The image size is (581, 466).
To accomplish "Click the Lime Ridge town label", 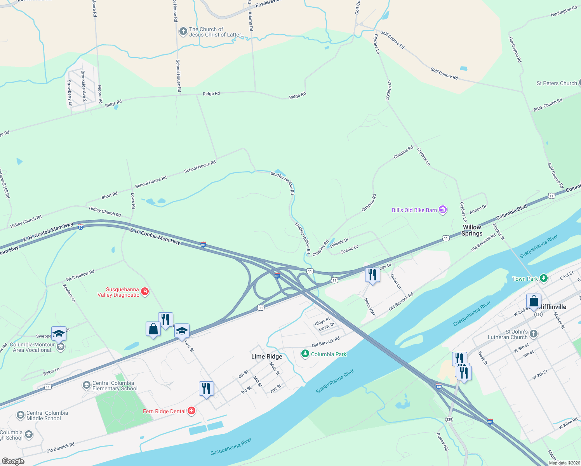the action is pyautogui.click(x=266, y=356).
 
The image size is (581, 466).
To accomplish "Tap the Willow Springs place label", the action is pyautogui.click(x=472, y=230).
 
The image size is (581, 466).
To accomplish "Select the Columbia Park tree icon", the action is pyautogui.click(x=305, y=354).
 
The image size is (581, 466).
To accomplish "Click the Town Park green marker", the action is pyautogui.click(x=544, y=278).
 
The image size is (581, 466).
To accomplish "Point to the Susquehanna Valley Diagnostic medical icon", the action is pyautogui.click(x=145, y=291).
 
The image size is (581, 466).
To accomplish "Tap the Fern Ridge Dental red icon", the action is pyautogui.click(x=191, y=411).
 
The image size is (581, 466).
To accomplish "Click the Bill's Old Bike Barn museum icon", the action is pyautogui.click(x=442, y=210).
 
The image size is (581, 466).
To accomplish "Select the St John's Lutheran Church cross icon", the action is pyautogui.click(x=534, y=334).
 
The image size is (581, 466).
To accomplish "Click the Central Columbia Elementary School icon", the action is pyautogui.click(x=87, y=385).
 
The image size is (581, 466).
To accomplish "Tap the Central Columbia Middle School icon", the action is pyautogui.click(x=21, y=416).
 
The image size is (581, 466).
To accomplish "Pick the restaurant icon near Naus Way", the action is pyautogui.click(x=372, y=275).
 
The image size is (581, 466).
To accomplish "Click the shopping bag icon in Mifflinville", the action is pyautogui.click(x=534, y=301).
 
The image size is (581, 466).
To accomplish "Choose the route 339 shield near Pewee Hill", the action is pyautogui.click(x=449, y=419).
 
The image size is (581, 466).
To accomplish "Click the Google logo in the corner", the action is pyautogui.click(x=13, y=461).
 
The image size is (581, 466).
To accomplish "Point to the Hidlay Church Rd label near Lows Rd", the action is pyautogui.click(x=105, y=212).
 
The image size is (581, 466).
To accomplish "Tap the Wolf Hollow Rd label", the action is pyautogui.click(x=80, y=275).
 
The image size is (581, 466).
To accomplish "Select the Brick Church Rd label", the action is pyautogui.click(x=548, y=105).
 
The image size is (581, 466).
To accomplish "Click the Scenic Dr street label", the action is pyautogui.click(x=349, y=249).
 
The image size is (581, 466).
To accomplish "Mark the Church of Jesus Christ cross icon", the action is pyautogui.click(x=183, y=31).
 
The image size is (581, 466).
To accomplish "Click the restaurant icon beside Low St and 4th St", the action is pyautogui.click(x=206, y=388).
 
